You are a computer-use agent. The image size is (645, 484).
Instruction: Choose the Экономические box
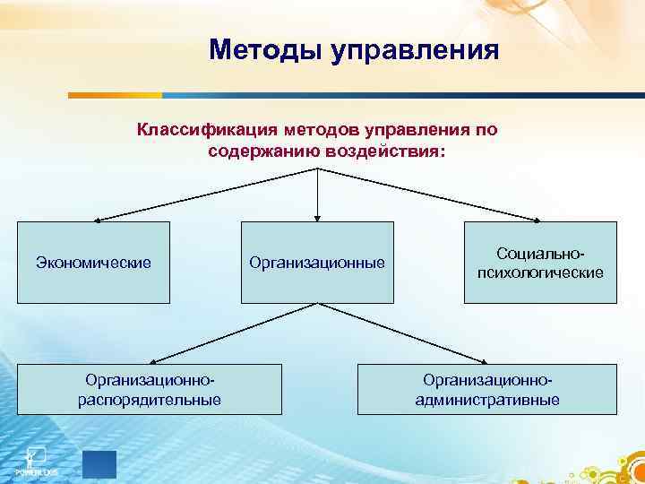93,262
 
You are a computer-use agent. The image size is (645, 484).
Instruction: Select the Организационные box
317,262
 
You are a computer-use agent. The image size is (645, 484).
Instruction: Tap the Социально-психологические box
540,262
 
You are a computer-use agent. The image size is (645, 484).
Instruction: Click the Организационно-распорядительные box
150,389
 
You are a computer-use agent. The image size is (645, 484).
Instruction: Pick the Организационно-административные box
487,389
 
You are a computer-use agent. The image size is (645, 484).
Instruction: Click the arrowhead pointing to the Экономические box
99,219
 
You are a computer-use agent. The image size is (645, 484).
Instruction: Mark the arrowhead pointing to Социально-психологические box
537,219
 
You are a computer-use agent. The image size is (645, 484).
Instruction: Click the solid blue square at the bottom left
99,465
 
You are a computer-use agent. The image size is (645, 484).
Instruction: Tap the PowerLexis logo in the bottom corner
35,460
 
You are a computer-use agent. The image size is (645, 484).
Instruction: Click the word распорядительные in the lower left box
150,399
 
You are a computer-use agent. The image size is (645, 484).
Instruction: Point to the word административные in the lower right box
487,399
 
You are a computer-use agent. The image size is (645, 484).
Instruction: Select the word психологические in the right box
540,272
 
